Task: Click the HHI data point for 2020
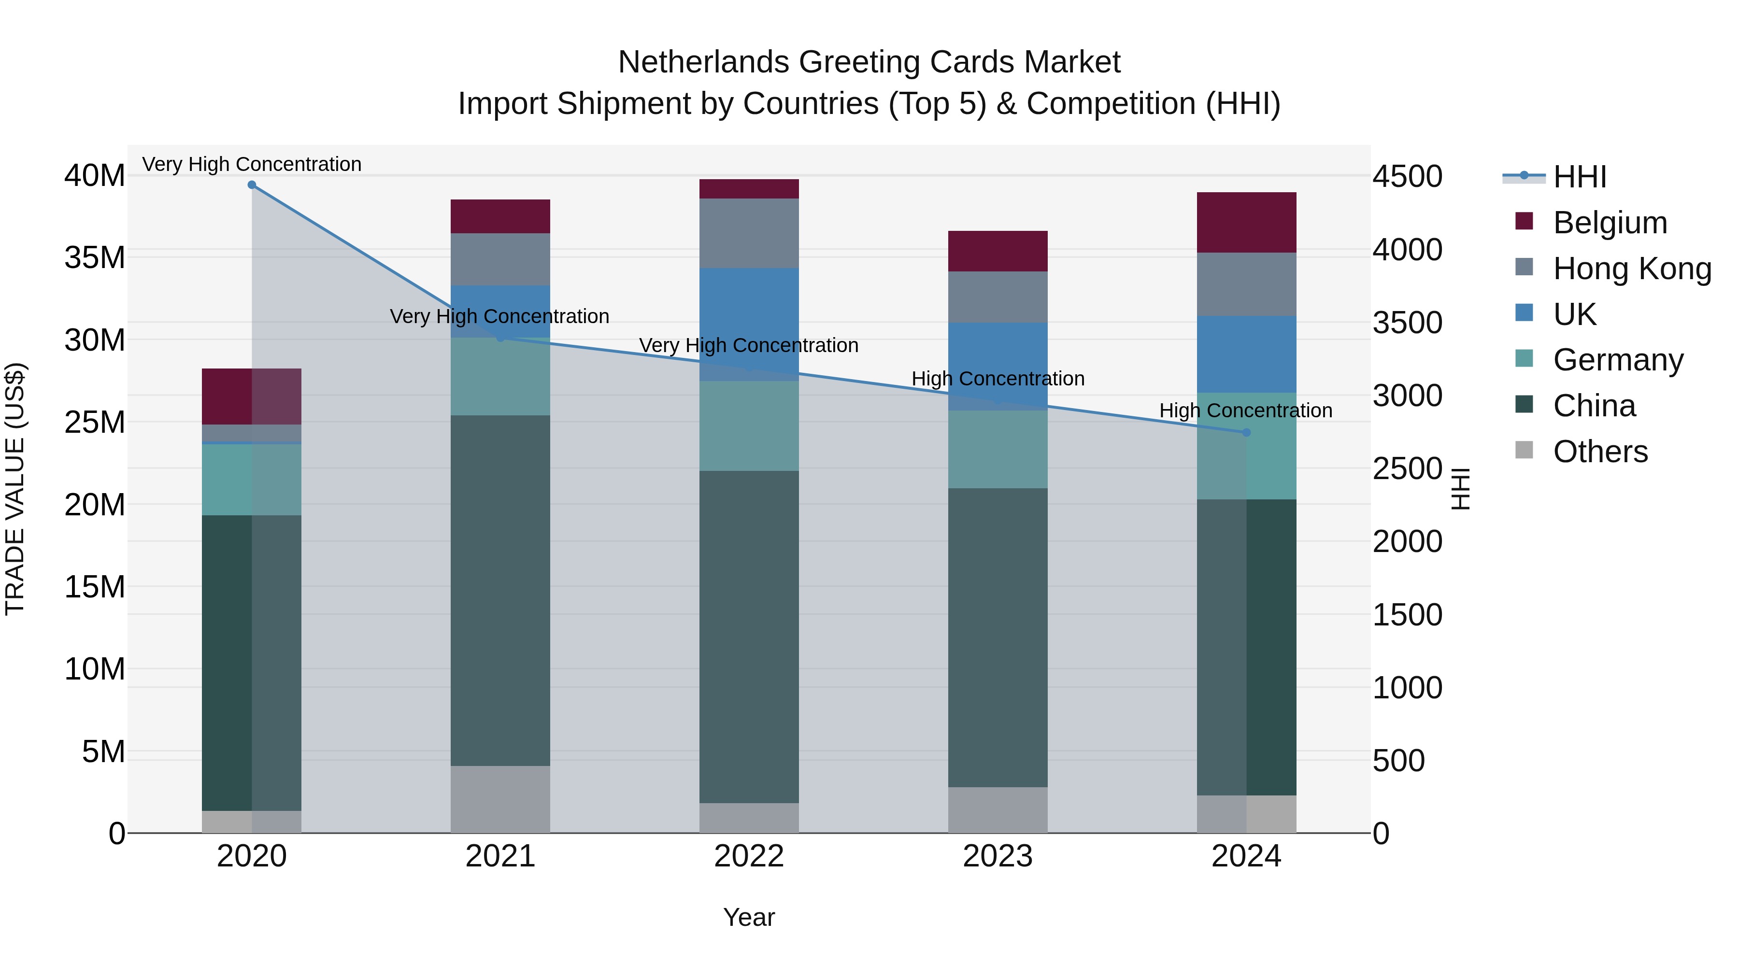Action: pyautogui.click(x=252, y=184)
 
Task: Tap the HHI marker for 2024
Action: pyautogui.click(x=1246, y=432)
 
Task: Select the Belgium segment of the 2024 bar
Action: pyautogui.click(x=1246, y=222)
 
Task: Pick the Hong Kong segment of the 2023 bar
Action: pyautogui.click(x=998, y=297)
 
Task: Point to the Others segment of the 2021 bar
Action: pyautogui.click(x=500, y=799)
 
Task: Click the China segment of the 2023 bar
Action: pyautogui.click(x=998, y=638)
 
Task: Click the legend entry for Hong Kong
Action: pyautogui.click(x=1632, y=268)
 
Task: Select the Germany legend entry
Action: pyautogui.click(x=1617, y=360)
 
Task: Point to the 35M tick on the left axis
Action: pyautogui.click(x=95, y=258)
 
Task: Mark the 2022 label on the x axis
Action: pyautogui.click(x=749, y=856)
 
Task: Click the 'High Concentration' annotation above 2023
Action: pyautogui.click(x=998, y=379)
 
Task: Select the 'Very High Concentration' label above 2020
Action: pyautogui.click(x=252, y=164)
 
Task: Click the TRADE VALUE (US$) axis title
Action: pyautogui.click(x=15, y=489)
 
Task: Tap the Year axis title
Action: pyautogui.click(x=749, y=917)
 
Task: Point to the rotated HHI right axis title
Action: pyautogui.click(x=1460, y=489)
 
